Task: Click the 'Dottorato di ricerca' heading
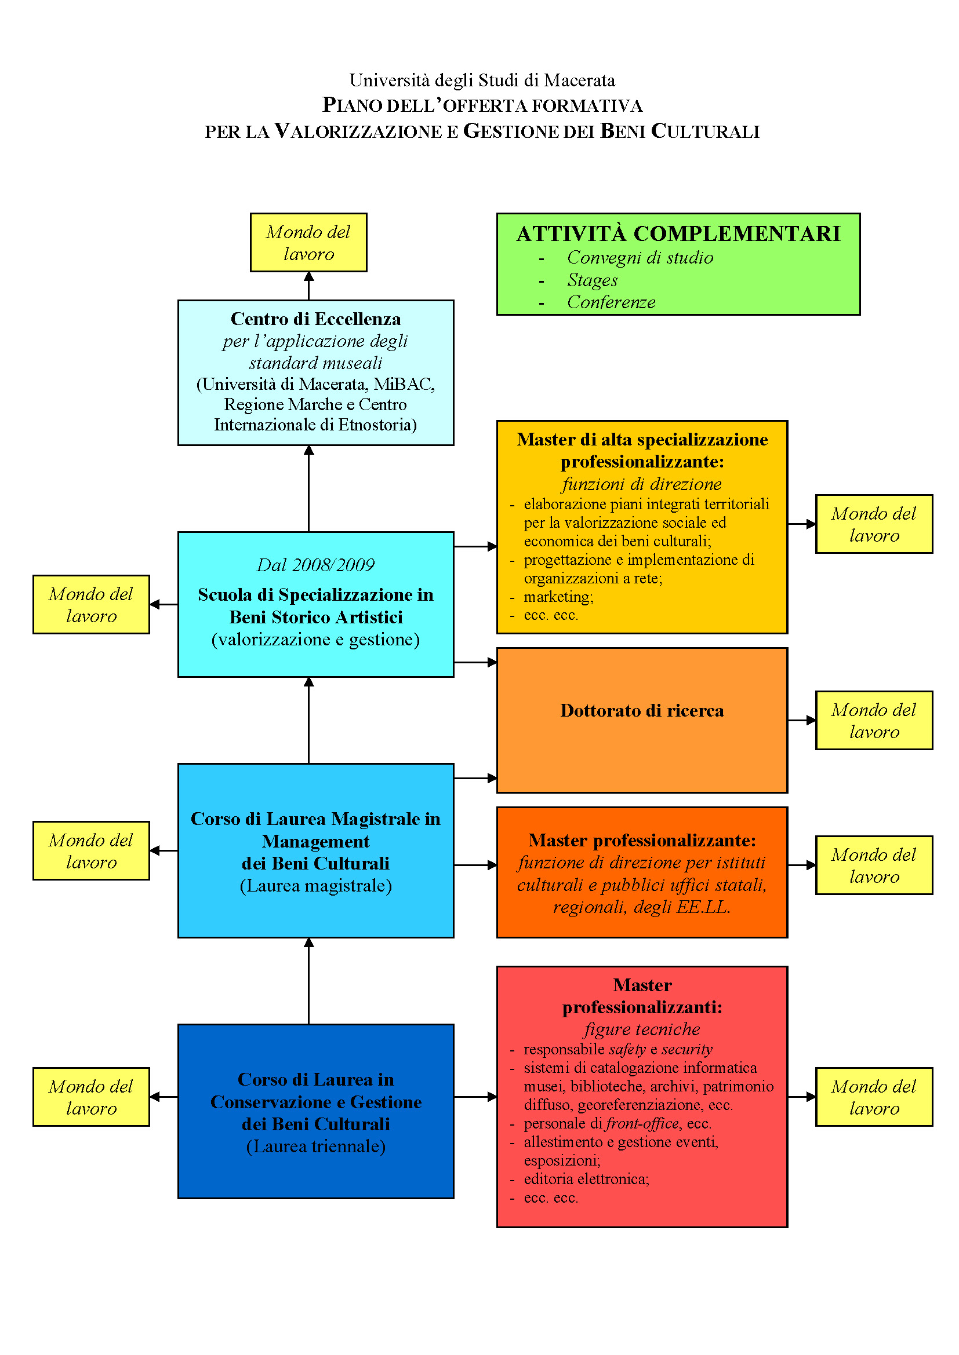(x=641, y=711)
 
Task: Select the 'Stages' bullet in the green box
(x=593, y=280)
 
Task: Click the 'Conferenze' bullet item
(x=611, y=302)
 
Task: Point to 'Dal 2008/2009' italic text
(x=315, y=565)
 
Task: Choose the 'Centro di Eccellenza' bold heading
(x=315, y=319)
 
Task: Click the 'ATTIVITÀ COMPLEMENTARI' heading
(x=678, y=233)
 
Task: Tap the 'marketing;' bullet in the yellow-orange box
(x=558, y=597)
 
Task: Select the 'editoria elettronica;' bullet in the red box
(x=586, y=1178)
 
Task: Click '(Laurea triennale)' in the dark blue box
(x=315, y=1146)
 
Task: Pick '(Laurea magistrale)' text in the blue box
(x=315, y=885)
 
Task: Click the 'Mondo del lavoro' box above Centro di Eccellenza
(x=308, y=243)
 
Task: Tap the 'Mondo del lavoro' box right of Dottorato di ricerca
(x=873, y=721)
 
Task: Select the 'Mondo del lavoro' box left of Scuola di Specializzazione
(x=91, y=605)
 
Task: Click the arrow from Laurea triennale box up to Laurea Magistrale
(x=308, y=981)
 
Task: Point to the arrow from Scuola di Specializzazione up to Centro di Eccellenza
(x=308, y=489)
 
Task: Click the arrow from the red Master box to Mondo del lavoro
(x=801, y=1097)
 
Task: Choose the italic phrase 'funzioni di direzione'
(x=641, y=484)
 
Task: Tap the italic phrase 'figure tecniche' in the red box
(x=641, y=1029)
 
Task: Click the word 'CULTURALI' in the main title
(x=705, y=131)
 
